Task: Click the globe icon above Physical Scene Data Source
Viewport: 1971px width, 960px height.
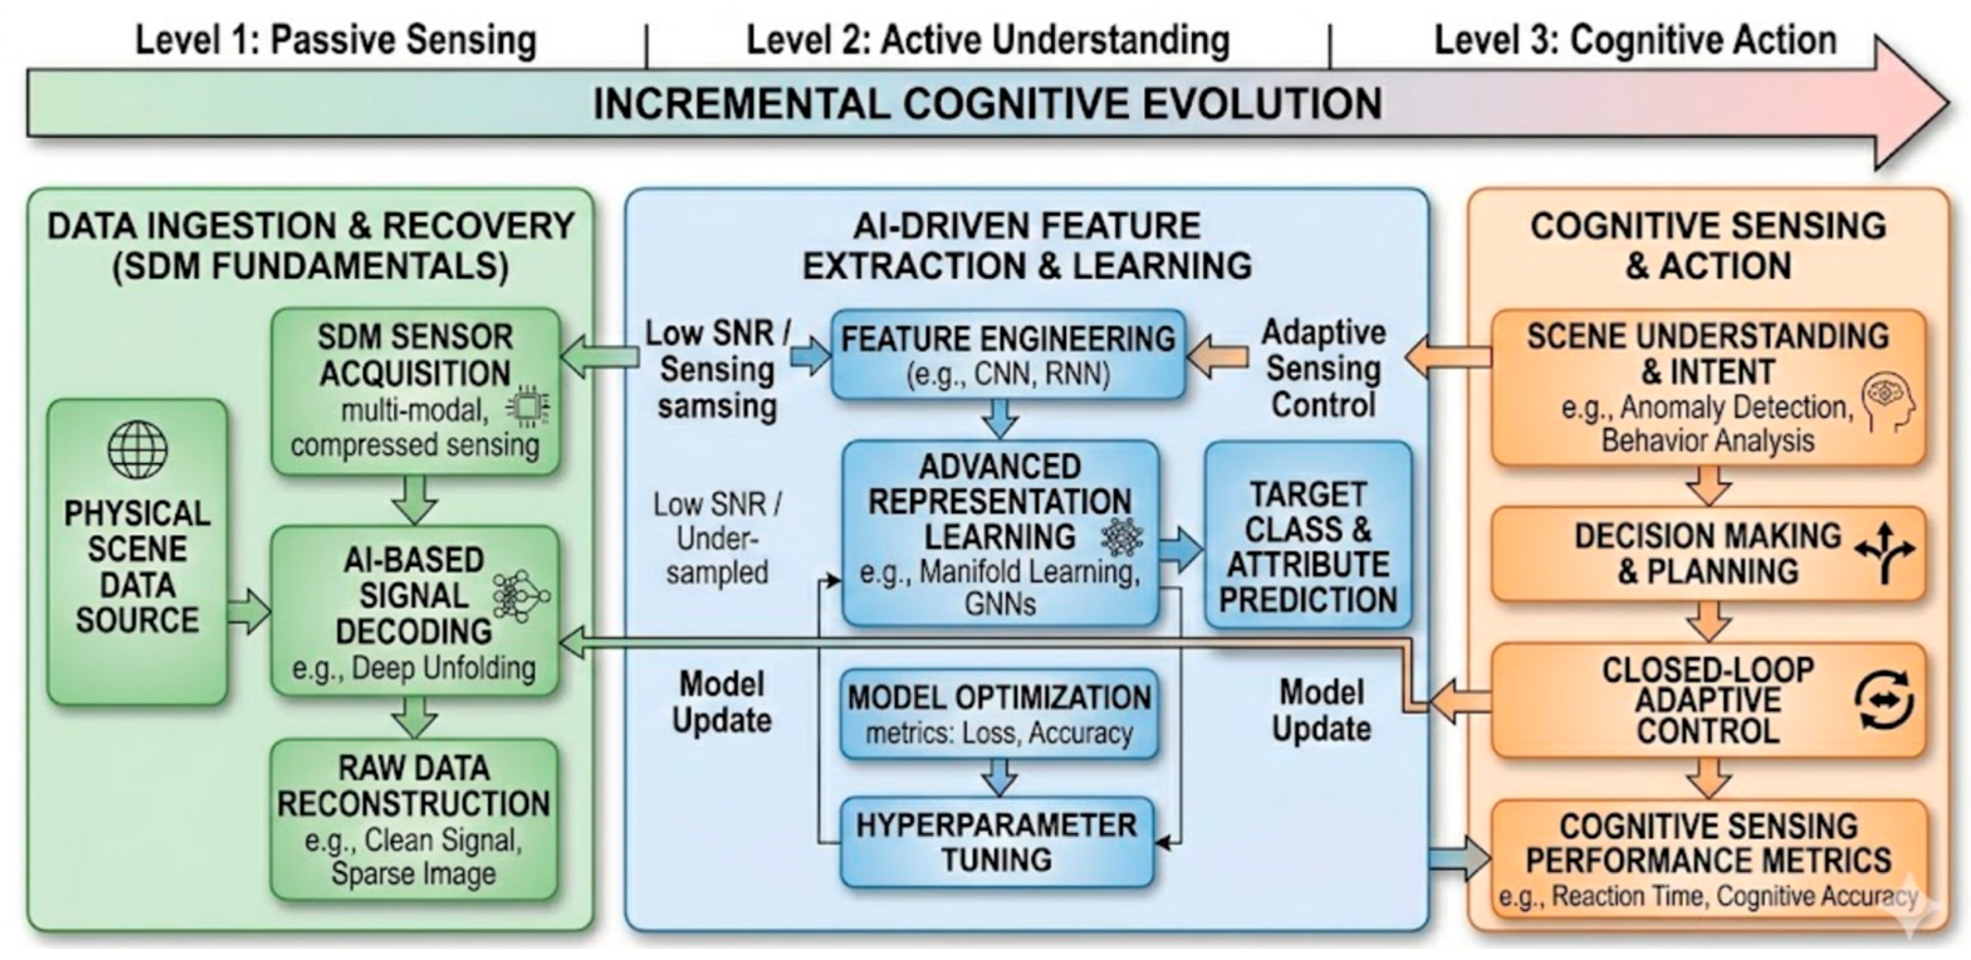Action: [137, 450]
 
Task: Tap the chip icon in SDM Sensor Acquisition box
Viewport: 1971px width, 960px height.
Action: [526, 406]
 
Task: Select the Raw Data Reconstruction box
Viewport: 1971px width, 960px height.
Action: [414, 819]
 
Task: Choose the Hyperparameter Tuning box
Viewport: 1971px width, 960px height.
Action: [996, 842]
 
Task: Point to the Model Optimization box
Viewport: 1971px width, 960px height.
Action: [999, 714]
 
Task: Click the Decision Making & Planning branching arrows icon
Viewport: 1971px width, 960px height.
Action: [1884, 553]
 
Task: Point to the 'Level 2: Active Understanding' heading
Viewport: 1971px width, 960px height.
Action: [987, 40]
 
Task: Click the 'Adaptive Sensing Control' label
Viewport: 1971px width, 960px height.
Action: [1323, 368]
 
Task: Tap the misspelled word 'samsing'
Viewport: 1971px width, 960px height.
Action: [717, 406]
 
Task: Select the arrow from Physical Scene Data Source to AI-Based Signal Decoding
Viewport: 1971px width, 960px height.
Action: [249, 612]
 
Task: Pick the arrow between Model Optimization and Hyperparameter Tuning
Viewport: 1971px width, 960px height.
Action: [999, 778]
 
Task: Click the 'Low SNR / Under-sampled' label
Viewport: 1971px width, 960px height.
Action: [717, 538]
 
